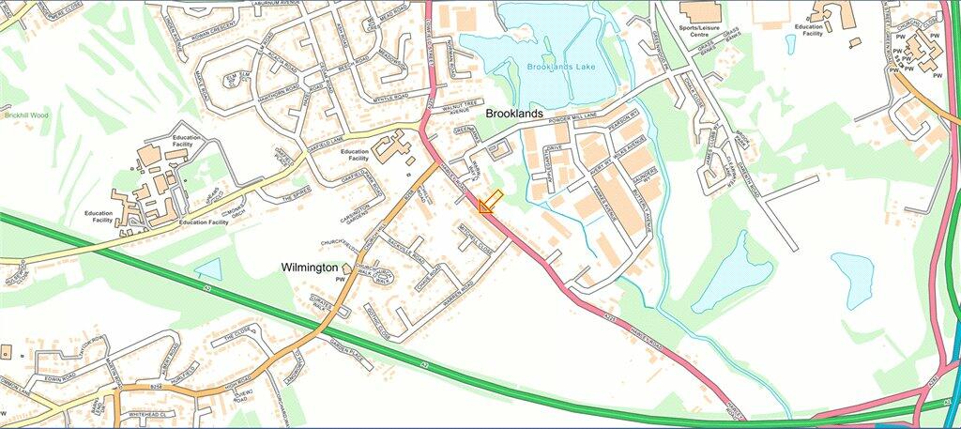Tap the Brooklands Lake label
561,68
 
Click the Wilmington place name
310,268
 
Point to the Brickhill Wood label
25,115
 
